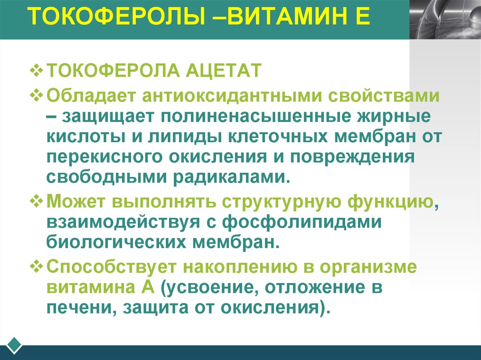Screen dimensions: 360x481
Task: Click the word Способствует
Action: click(x=110, y=267)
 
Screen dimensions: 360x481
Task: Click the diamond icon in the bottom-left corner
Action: click(x=15, y=344)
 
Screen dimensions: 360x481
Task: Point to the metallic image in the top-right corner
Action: click(x=445, y=19)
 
